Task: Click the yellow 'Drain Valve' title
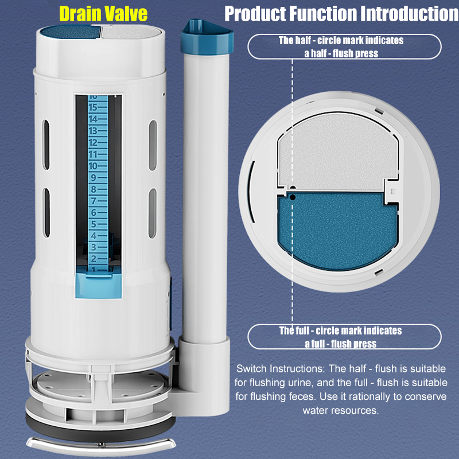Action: pyautogui.click(x=103, y=13)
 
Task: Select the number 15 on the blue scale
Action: pyautogui.click(x=93, y=107)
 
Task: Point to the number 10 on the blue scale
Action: pyautogui.click(x=93, y=166)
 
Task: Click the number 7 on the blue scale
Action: pyautogui.click(x=94, y=201)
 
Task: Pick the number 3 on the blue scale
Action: pyautogui.click(x=94, y=247)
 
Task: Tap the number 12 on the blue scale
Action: pyautogui.click(x=93, y=142)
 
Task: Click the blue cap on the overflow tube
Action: pyautogui.click(x=207, y=37)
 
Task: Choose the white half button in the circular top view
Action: pyautogui.click(x=338, y=152)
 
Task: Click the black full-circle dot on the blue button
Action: pyautogui.click(x=292, y=197)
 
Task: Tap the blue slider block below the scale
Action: pyautogui.click(x=98, y=286)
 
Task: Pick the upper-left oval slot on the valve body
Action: pyautogui.click(x=46, y=145)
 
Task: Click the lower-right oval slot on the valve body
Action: pyautogui.click(x=153, y=213)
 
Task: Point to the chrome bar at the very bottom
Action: pyautogui.click(x=101, y=446)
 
